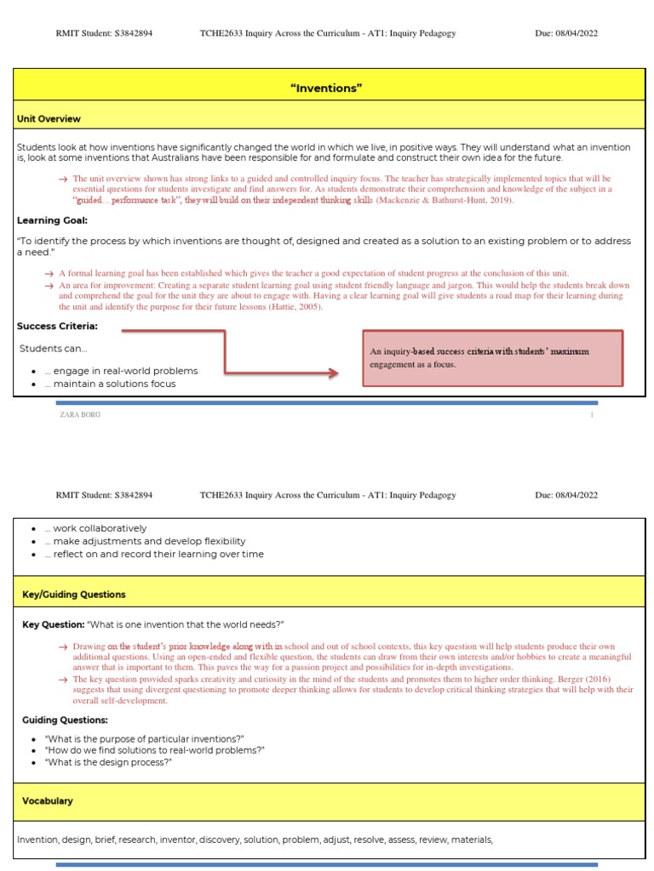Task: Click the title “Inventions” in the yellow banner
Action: pyautogui.click(x=327, y=88)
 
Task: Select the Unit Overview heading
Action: pyautogui.click(x=49, y=119)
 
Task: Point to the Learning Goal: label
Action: pyautogui.click(x=52, y=220)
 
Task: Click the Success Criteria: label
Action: pyautogui.click(x=57, y=326)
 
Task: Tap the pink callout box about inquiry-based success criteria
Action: pyautogui.click(x=492, y=358)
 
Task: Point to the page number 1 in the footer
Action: pyautogui.click(x=591, y=415)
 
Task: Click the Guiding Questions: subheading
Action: pyautogui.click(x=65, y=720)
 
